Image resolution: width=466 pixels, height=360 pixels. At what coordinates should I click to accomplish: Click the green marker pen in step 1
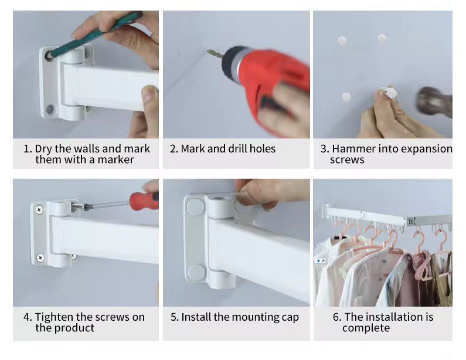click(x=95, y=35)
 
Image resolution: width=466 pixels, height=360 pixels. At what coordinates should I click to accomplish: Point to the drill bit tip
click(x=209, y=52)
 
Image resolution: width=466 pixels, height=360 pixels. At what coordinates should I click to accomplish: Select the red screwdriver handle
click(x=144, y=201)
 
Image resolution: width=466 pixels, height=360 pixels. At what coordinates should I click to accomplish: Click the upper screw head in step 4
click(x=39, y=209)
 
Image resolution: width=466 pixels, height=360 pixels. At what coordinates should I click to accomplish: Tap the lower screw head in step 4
click(x=40, y=257)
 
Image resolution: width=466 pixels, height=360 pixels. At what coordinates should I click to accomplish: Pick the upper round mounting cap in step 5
click(x=195, y=207)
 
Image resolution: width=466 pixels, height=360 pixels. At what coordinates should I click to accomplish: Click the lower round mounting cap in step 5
click(x=196, y=273)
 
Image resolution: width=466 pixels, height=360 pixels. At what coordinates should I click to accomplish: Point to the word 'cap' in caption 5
click(x=290, y=318)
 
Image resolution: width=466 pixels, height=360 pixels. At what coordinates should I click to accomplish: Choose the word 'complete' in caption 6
click(x=366, y=328)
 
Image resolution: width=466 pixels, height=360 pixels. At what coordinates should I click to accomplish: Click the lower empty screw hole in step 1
click(x=50, y=109)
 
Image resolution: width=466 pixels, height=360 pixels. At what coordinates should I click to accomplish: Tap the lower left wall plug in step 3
click(x=346, y=97)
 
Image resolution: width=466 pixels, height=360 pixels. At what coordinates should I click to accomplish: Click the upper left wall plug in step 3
click(x=342, y=40)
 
